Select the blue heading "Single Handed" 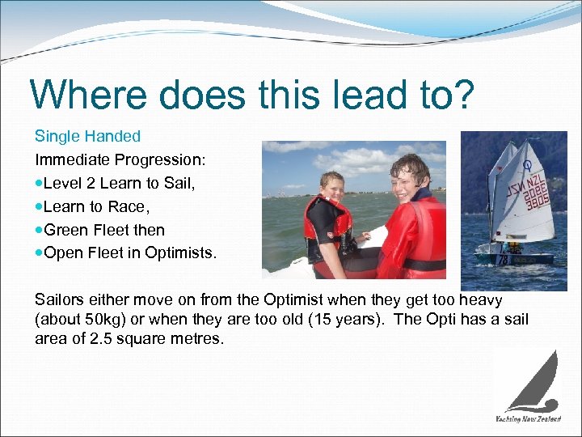click(87, 136)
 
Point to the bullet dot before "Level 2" click(40, 184)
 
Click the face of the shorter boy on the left click(331, 188)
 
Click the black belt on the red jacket click(424, 264)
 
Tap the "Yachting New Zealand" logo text click(528, 418)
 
